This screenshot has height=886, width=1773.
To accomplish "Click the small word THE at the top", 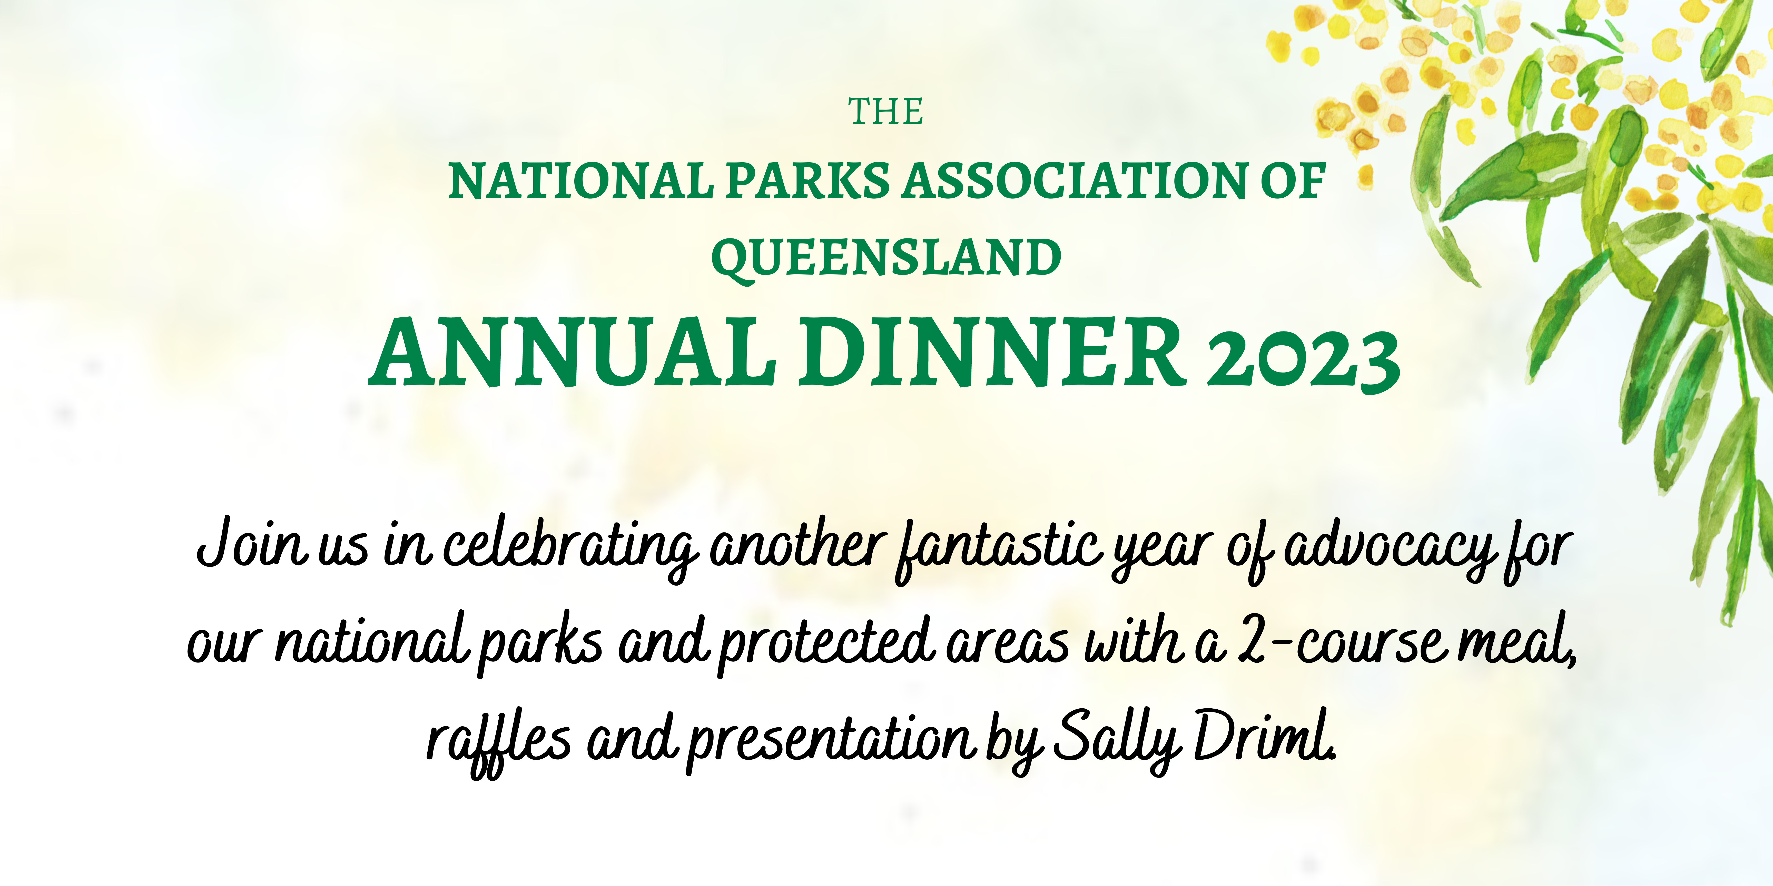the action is pos(886,112).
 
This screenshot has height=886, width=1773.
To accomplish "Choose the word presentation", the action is pos(831,743).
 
